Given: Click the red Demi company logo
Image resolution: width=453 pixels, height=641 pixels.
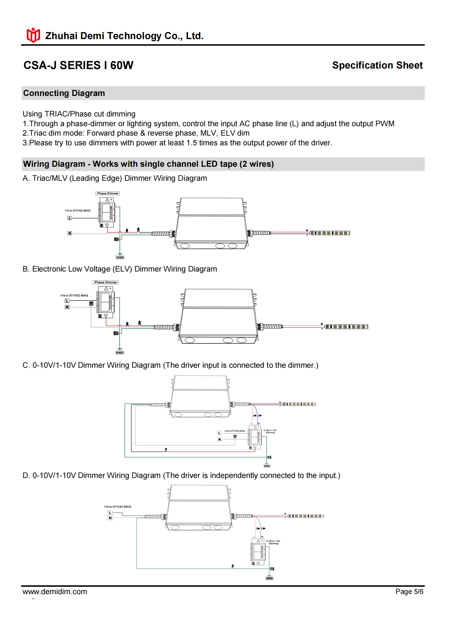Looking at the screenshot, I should (x=33, y=35).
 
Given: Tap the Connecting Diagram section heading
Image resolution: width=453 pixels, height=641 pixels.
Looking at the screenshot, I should (x=64, y=93).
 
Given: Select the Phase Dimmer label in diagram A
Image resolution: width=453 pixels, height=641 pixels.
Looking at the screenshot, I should (x=108, y=193).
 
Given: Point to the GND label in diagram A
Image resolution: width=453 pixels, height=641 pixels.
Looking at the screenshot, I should (x=120, y=258).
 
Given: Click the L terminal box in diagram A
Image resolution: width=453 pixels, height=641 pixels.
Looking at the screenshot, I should (x=70, y=218).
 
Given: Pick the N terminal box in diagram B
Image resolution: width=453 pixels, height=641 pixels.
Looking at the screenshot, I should (x=67, y=307).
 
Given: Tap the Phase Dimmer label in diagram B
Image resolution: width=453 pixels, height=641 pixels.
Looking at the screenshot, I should (x=106, y=282).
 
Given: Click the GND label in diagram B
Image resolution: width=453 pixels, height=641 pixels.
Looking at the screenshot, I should (x=120, y=353).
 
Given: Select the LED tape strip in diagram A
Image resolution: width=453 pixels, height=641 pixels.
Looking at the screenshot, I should (x=330, y=233).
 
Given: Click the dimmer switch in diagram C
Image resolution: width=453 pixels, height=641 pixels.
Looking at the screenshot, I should (x=255, y=437).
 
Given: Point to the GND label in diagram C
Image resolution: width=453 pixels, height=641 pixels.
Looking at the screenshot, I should (x=267, y=466).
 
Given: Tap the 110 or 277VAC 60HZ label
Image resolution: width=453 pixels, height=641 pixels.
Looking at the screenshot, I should (x=117, y=507).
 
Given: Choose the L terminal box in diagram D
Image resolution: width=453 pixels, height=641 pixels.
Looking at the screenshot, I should (x=110, y=513).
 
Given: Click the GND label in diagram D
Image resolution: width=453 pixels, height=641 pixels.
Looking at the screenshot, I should (x=269, y=578).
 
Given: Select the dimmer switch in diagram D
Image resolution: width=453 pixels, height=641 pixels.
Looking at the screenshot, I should (x=258, y=552).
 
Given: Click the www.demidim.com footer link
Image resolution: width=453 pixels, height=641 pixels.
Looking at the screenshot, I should (x=55, y=592).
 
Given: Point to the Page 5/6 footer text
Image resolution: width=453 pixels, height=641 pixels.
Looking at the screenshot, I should (x=409, y=592).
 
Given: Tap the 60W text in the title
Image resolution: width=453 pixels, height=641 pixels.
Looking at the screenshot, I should (x=122, y=65).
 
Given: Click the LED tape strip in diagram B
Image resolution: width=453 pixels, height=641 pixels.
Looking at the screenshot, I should (x=347, y=327).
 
